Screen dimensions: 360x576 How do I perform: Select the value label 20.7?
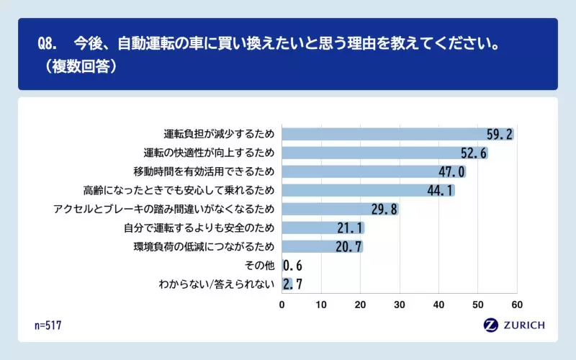(348, 247)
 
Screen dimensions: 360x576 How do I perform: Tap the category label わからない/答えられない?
(217, 284)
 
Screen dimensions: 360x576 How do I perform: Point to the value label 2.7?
(292, 284)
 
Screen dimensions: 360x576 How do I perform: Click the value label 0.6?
(292, 266)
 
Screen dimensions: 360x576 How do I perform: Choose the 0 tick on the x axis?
(282, 305)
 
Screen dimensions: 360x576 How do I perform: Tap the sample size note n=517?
(48, 325)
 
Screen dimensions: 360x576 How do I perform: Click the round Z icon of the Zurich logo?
(492, 325)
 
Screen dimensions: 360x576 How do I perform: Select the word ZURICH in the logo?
(525, 325)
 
